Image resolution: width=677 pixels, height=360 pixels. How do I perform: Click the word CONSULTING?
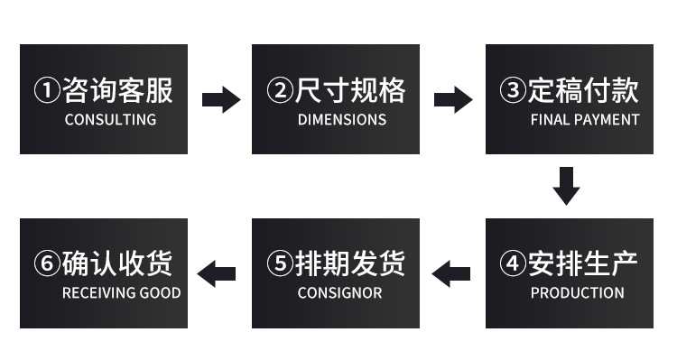(110, 119)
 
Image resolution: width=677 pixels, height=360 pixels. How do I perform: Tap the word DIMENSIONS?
(341, 119)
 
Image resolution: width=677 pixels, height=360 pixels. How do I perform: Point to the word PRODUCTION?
(577, 292)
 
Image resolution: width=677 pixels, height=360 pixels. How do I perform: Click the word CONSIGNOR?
(339, 292)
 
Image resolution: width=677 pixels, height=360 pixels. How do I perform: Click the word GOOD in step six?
(161, 292)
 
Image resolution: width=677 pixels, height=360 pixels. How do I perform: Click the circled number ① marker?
(46, 90)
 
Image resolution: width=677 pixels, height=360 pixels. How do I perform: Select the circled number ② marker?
(279, 90)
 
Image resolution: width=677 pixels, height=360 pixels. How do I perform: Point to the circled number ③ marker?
(512, 90)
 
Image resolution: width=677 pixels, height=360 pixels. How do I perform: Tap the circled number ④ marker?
(512, 263)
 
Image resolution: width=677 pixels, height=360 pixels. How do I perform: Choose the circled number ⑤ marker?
(279, 263)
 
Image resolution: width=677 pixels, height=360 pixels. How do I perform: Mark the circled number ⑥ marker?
(46, 263)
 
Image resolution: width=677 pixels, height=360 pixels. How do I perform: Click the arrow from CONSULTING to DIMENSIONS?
(220, 99)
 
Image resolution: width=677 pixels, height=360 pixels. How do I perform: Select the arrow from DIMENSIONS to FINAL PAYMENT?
(453, 99)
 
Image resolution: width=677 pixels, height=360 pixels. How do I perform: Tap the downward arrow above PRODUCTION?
(566, 185)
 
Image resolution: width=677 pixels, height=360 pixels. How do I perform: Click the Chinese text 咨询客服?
(116, 90)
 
